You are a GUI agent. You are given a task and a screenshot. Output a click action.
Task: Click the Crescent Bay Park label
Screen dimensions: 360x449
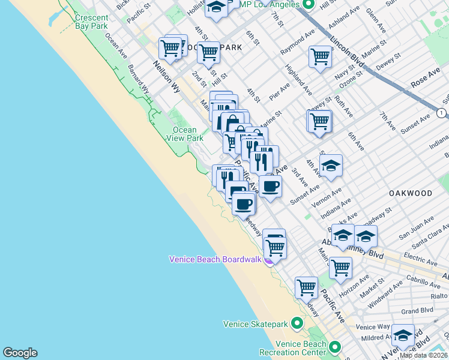pyautogui.click(x=91, y=22)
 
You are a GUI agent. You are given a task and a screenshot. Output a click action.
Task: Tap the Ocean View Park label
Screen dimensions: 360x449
pyautogui.click(x=184, y=134)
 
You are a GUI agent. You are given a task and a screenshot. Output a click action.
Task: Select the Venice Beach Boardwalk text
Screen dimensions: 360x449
pyautogui.click(x=215, y=259)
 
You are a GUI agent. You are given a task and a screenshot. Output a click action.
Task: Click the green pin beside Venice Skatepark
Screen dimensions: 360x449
pyautogui.click(x=297, y=324)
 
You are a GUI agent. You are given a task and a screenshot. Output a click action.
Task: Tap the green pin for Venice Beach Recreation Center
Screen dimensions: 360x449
pyautogui.click(x=334, y=347)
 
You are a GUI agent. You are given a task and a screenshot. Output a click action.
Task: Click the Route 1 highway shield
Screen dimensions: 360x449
pyautogui.click(x=442, y=113)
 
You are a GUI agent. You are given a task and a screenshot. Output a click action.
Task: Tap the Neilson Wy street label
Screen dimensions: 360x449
pyautogui.click(x=166, y=74)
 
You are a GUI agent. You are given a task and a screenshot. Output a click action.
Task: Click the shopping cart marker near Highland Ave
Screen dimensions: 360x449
pyautogui.click(x=320, y=57)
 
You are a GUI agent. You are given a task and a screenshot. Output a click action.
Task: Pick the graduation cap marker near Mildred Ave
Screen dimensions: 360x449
pyautogui.click(x=402, y=335)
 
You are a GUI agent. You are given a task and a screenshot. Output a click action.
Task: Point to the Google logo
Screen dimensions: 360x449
pyautogui.click(x=20, y=353)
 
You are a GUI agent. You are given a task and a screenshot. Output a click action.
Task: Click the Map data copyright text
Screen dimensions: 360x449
pyautogui.click(x=424, y=355)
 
